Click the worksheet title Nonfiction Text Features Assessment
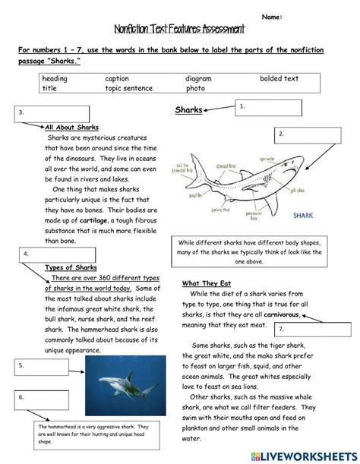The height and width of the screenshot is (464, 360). coord(179,30)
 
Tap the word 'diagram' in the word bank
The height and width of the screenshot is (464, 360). coord(198,78)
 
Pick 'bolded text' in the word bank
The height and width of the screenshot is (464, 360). coord(279,78)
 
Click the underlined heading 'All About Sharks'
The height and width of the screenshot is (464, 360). coord(72,128)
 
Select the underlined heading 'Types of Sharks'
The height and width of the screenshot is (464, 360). coord(71,268)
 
